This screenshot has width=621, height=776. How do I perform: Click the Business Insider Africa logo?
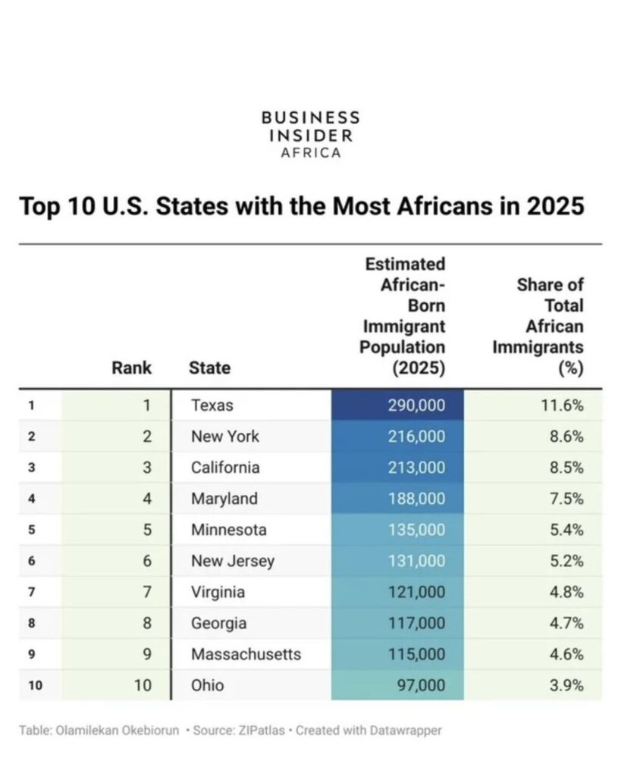point(310,134)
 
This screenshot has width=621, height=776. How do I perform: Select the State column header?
point(209,368)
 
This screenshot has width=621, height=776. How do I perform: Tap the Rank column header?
point(132,368)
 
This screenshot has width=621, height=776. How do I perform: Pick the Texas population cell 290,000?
point(416,405)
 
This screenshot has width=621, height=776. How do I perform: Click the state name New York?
point(224,436)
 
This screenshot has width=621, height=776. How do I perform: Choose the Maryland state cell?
point(224,499)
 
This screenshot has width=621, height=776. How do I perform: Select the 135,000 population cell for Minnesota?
point(416,530)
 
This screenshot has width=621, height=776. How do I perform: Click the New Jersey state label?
point(232,561)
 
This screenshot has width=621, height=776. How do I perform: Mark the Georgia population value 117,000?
point(416,623)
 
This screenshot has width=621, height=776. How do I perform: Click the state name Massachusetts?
point(246,654)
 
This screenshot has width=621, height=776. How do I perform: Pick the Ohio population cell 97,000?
point(421,685)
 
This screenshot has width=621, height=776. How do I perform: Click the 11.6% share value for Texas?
point(563,405)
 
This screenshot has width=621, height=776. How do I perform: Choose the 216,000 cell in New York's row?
point(416,436)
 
